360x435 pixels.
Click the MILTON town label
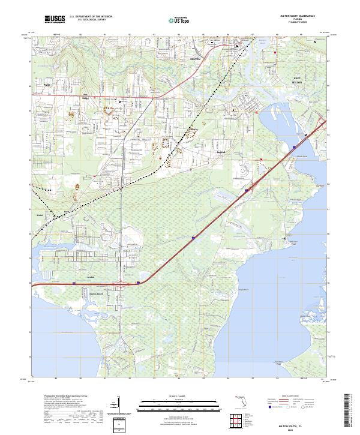point(194,59)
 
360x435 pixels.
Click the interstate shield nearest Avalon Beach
point(139,282)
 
